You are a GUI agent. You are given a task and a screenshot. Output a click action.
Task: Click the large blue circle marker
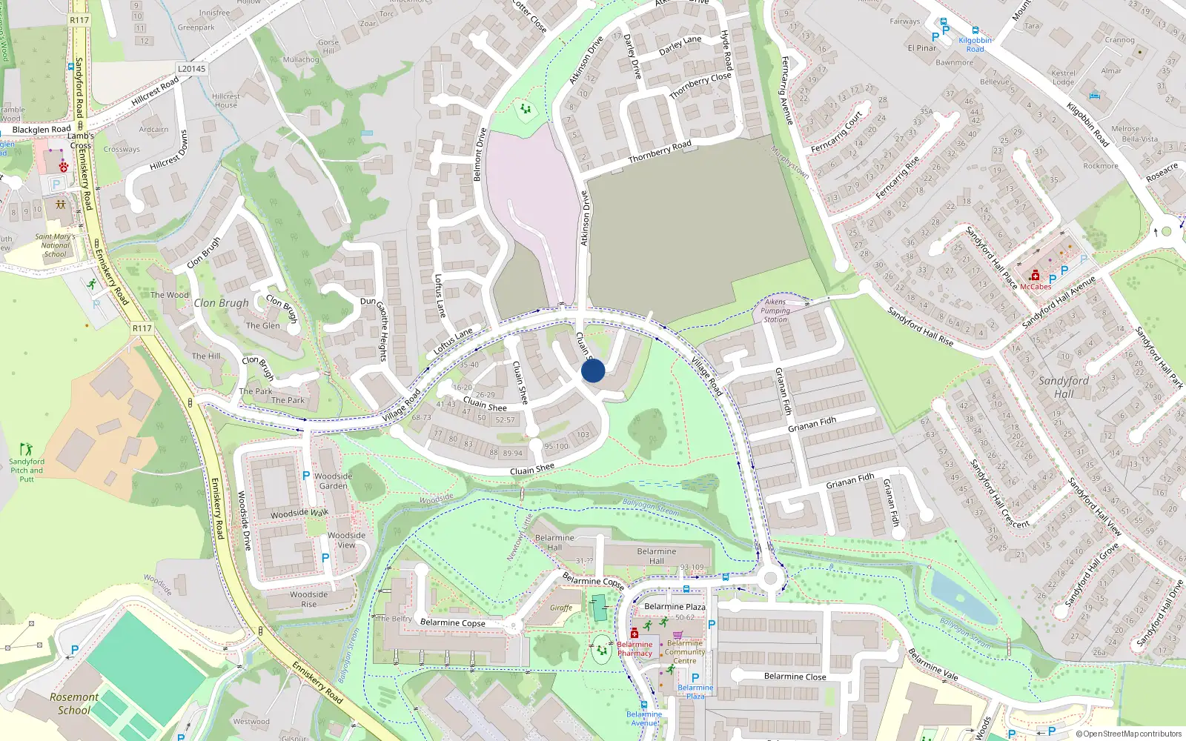coord(593,370)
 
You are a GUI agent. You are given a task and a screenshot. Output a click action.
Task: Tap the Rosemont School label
coord(74,703)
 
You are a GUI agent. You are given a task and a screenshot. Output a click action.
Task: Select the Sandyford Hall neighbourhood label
coord(1064,387)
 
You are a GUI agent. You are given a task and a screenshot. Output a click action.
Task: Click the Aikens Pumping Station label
coord(775,310)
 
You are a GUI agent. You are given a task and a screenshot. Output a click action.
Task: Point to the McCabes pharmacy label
coord(1036,287)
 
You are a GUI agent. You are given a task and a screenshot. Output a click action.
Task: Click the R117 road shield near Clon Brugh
coord(142,328)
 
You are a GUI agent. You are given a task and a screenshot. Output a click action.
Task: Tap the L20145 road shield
coord(191,69)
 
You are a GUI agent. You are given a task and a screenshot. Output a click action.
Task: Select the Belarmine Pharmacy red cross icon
coord(635,634)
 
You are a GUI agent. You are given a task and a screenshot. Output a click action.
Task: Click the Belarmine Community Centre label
coord(685,652)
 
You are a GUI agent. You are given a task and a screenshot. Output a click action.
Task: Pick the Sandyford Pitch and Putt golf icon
coord(27,448)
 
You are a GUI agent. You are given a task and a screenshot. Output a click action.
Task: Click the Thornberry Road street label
coord(660,152)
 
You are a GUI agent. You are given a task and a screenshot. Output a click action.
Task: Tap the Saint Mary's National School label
coord(56,245)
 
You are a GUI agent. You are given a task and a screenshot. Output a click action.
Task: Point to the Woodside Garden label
coord(333,481)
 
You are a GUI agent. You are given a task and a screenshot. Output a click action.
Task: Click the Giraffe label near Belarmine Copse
coord(561,608)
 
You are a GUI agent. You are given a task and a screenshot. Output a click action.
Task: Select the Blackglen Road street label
coord(42,130)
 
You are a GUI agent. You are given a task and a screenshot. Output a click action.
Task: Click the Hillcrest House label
coord(226,100)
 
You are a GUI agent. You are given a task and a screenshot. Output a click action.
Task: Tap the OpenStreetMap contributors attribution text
coord(1129,734)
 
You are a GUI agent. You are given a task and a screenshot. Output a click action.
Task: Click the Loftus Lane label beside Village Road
coord(453,342)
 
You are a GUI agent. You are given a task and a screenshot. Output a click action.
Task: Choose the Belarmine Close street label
coord(795,677)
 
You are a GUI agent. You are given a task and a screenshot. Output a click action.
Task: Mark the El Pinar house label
coord(922,48)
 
